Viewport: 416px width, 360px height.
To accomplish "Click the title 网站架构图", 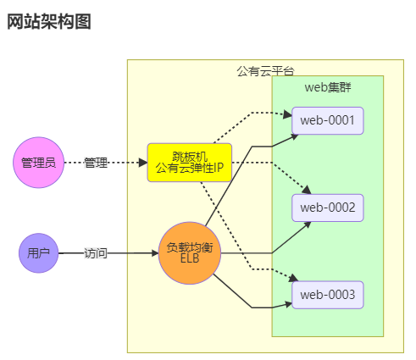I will pos(48,22).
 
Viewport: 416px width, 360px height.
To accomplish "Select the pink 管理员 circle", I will pos(39,162).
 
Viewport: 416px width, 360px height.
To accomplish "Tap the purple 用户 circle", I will pos(39,252).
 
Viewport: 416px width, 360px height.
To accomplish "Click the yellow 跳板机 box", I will pos(189,162).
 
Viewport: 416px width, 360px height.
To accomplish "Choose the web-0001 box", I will pos(327,119).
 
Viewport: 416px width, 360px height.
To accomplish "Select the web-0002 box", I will pos(327,207).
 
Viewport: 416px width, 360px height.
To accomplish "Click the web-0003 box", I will pos(327,294).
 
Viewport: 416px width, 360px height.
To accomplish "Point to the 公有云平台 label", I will pos(265,69).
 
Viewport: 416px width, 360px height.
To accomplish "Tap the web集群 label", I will pos(327,86).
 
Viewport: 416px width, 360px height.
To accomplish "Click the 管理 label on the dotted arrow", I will pos(96,162).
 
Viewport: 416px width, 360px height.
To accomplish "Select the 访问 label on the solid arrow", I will pos(96,252).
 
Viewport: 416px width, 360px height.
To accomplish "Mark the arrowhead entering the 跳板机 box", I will pos(142,162).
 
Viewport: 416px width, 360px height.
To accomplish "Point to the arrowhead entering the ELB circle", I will pos(153,252).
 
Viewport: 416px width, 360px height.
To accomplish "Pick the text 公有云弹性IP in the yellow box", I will pos(189,168).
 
